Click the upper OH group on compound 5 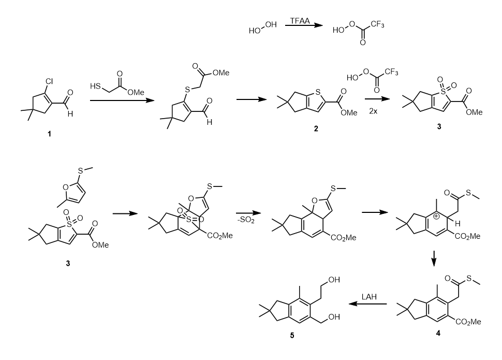tap(331, 280)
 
